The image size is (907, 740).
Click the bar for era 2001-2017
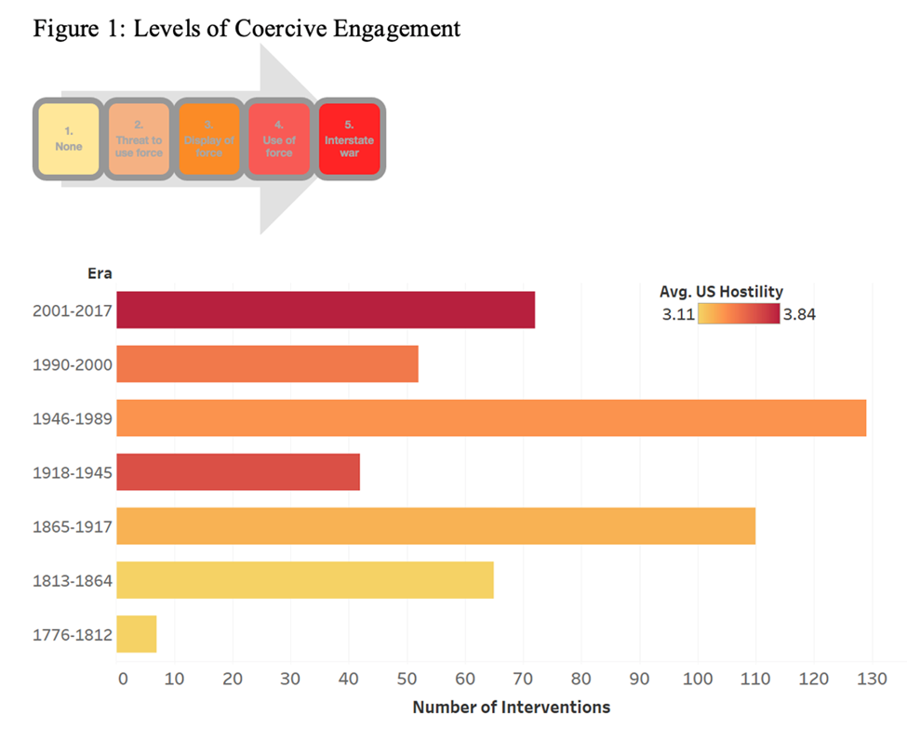(326, 310)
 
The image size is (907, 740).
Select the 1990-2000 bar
(268, 363)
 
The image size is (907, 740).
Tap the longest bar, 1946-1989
(491, 417)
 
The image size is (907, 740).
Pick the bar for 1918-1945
(238, 471)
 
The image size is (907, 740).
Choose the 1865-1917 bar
(435, 525)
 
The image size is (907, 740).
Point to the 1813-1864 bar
(305, 579)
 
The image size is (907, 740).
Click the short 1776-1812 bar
(137, 633)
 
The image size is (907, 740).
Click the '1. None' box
(68, 139)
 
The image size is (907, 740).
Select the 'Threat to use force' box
(139, 139)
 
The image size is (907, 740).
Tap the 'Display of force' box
(209, 139)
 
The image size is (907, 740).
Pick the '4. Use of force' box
(279, 139)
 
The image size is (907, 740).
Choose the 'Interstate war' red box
(349, 139)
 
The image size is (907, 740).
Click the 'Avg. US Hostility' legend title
(721, 292)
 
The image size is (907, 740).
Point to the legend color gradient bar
(739, 314)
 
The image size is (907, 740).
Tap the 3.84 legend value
(799, 314)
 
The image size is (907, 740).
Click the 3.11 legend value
(679, 314)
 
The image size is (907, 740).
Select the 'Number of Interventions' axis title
(512, 707)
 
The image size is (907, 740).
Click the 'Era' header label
(98, 273)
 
